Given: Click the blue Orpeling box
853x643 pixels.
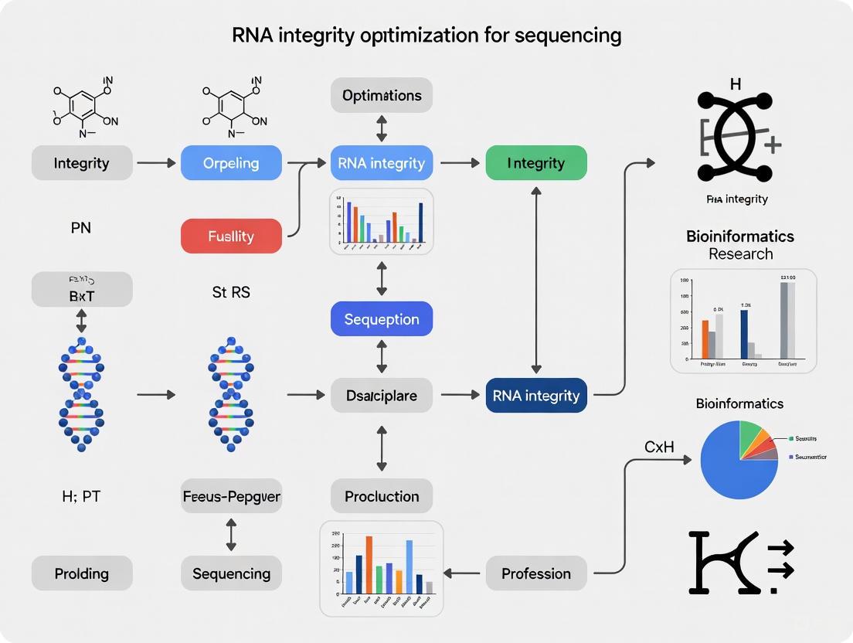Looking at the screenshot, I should (231, 163).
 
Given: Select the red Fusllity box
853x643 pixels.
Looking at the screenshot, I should (231, 236).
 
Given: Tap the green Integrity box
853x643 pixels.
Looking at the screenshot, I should (535, 163).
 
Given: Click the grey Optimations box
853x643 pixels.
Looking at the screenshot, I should (382, 96).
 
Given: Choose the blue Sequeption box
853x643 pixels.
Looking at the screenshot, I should (382, 319).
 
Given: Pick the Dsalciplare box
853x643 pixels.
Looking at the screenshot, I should (382, 395).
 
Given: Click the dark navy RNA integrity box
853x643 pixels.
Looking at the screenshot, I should (535, 395).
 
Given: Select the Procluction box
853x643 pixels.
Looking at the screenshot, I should (382, 496).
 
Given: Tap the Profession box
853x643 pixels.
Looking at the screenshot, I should (535, 573).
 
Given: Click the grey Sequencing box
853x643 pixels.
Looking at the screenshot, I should (231, 573).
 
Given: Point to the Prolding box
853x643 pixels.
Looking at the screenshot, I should (82, 573).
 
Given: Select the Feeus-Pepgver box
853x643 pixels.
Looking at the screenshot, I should (231, 496).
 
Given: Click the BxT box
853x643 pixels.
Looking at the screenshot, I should (82, 294).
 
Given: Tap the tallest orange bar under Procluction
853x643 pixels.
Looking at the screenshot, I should (369, 564).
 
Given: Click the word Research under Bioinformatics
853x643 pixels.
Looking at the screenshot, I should (740, 254).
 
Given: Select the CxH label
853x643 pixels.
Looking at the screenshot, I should (659, 447).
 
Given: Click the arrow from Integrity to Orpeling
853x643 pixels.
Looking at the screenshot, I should (156, 163).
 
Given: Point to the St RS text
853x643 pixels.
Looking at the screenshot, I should (231, 293).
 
